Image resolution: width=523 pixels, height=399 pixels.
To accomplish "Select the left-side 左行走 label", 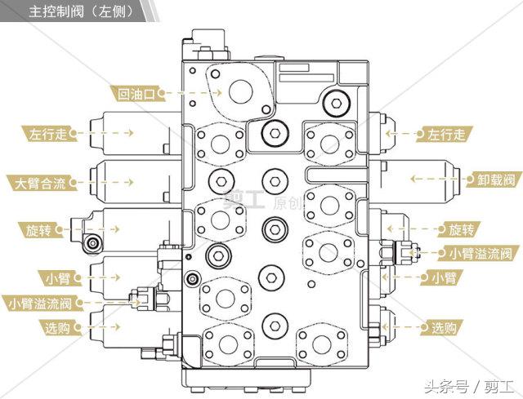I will pos(47,133).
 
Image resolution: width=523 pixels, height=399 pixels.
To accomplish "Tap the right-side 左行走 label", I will pos(444,134).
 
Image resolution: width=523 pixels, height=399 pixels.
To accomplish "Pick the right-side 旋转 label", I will pos(462,228).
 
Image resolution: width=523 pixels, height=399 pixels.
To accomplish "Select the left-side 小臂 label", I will pos(57,277).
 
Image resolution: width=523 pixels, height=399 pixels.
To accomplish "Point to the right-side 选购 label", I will pos(444,328).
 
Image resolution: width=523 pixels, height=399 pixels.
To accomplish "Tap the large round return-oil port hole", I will pos(243,90).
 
